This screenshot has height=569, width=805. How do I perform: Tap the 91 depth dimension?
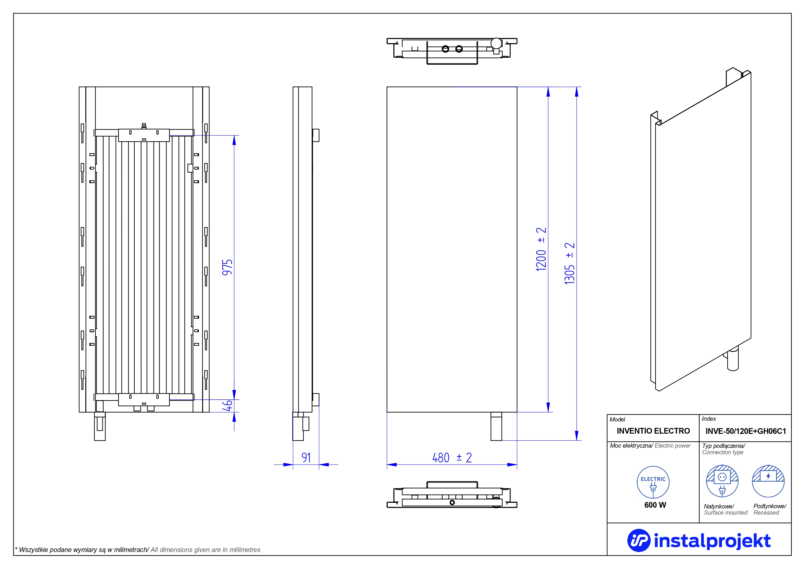pos(306,457)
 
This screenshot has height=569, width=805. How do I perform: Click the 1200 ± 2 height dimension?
pos(541,249)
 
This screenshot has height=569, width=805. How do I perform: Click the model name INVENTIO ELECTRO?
pos(653,431)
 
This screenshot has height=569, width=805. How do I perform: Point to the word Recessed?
pos(766,513)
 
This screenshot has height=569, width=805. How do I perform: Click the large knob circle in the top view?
pos(496,43)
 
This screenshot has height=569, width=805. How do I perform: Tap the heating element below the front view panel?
pos(496,426)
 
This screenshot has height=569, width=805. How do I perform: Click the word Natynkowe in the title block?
pos(719,506)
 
